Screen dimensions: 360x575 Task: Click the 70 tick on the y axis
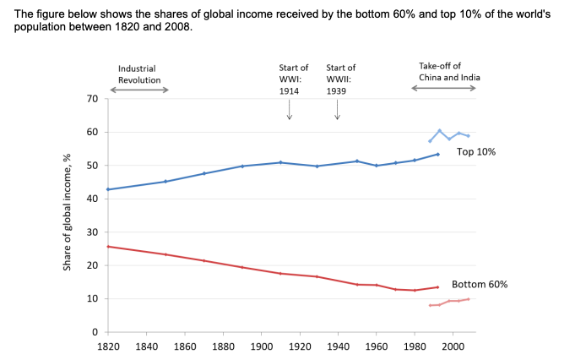coord(94,99)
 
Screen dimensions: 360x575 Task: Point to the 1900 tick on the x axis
coord(262,346)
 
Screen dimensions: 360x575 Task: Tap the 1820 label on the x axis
coord(108,346)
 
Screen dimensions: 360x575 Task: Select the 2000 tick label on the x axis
coord(453,346)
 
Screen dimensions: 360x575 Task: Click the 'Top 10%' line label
coord(476,152)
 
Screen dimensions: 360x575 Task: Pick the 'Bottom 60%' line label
coord(480,285)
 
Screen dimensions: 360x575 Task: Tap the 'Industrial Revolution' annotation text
coord(138,74)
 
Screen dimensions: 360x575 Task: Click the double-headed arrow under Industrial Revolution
coord(139,90)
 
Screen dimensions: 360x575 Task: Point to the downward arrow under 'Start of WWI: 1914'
coord(290,110)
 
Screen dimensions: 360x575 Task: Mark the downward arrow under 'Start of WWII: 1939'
coord(337,110)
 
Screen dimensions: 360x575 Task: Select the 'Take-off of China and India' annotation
coord(450,71)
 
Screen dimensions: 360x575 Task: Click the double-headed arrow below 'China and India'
coord(443,88)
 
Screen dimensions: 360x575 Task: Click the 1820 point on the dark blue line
coord(108,189)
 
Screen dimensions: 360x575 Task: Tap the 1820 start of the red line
coord(108,247)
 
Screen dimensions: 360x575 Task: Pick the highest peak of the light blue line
coord(439,130)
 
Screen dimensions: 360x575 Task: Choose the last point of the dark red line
coord(437,286)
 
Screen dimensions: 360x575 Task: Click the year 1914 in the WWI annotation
coord(290,90)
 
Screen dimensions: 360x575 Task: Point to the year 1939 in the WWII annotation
coord(337,90)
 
